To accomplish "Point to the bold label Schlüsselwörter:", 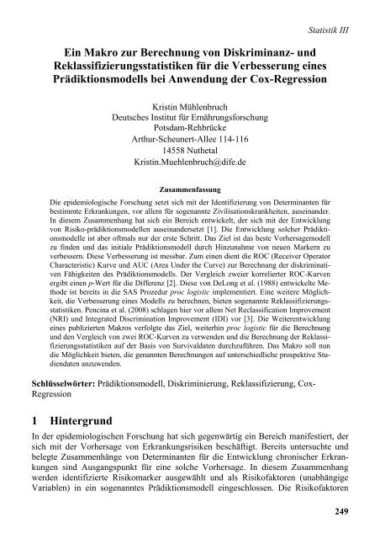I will click(60, 382).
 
